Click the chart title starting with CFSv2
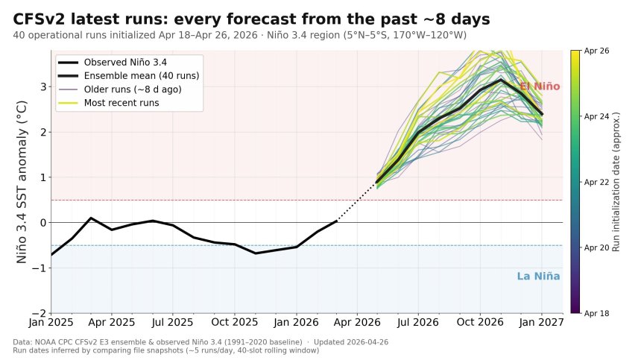pyautogui.click(x=252, y=19)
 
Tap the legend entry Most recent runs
pyautogui.click(x=121, y=103)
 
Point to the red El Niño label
pyautogui.click(x=539, y=86)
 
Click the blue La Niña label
pyautogui.click(x=538, y=277)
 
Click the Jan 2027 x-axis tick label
pyautogui.click(x=541, y=323)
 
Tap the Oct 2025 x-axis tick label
pyautogui.click(x=234, y=323)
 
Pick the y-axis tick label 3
pyautogui.click(x=44, y=87)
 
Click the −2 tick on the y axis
pyautogui.click(x=41, y=313)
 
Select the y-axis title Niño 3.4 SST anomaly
pyautogui.click(x=22, y=181)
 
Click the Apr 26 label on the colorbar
pyautogui.click(x=596, y=51)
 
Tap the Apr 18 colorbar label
pyautogui.click(x=596, y=313)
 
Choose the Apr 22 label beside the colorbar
pyautogui.click(x=596, y=182)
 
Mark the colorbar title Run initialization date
pyautogui.click(x=616, y=181)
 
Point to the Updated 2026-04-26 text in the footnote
pyautogui.click(x=351, y=342)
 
